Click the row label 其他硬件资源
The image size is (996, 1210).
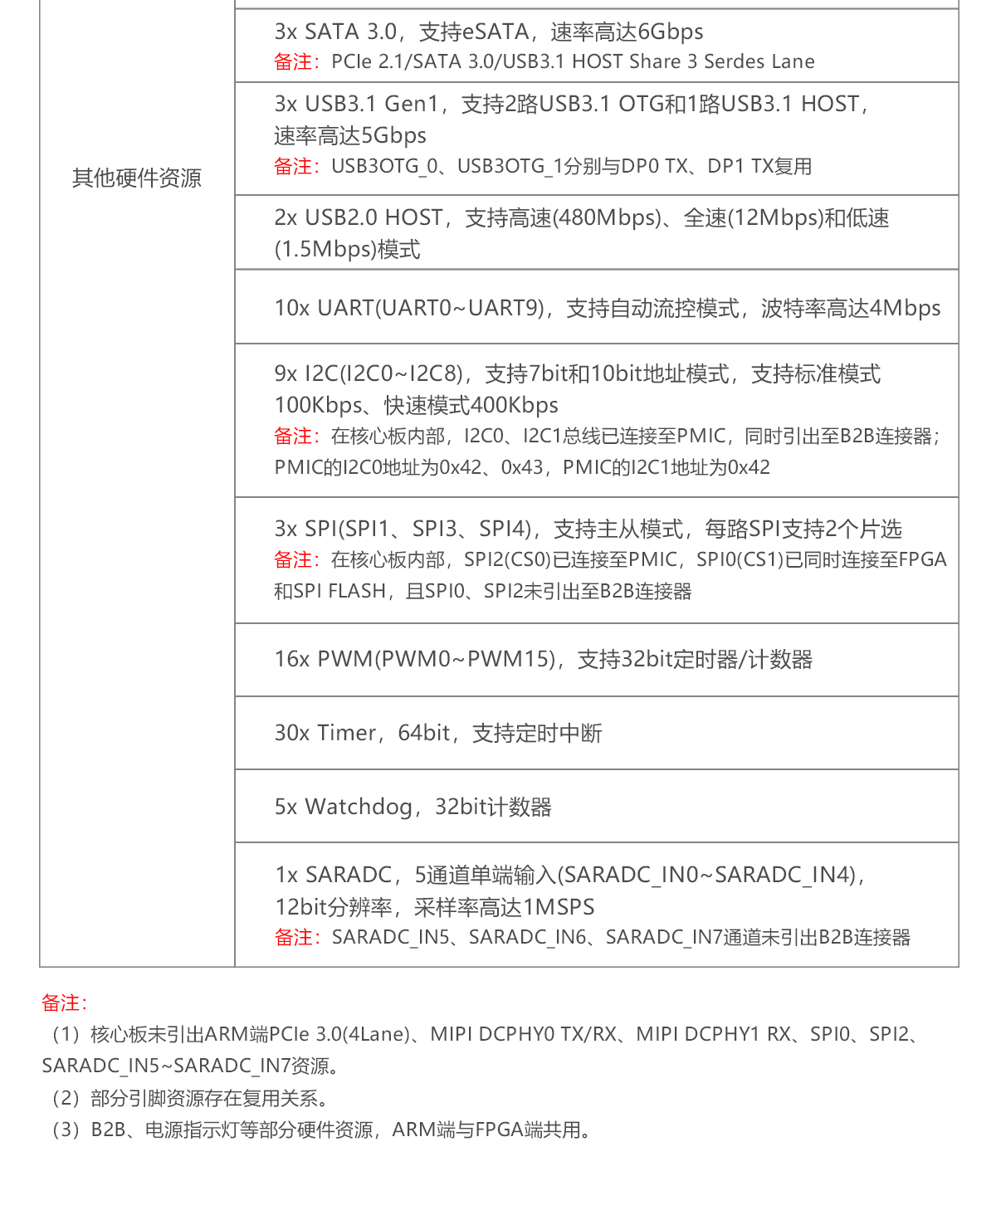click(x=136, y=178)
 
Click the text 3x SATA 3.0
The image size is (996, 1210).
click(x=335, y=32)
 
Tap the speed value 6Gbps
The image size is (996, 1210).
click(x=671, y=32)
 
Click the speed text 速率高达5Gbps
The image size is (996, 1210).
click(x=349, y=135)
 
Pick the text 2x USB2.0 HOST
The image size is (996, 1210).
click(x=359, y=217)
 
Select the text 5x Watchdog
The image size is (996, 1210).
click(x=343, y=807)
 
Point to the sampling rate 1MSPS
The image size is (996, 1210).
click(x=559, y=907)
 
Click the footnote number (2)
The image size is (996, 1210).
click(x=66, y=1098)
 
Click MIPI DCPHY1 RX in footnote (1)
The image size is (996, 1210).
click(x=713, y=1034)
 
